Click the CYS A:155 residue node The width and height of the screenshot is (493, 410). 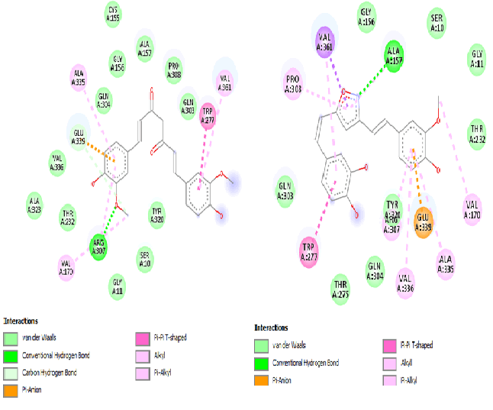click(x=113, y=14)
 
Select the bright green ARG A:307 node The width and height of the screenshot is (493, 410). click(x=99, y=245)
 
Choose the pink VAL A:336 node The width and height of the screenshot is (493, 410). click(x=405, y=282)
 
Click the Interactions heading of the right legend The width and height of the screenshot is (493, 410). click(x=272, y=328)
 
